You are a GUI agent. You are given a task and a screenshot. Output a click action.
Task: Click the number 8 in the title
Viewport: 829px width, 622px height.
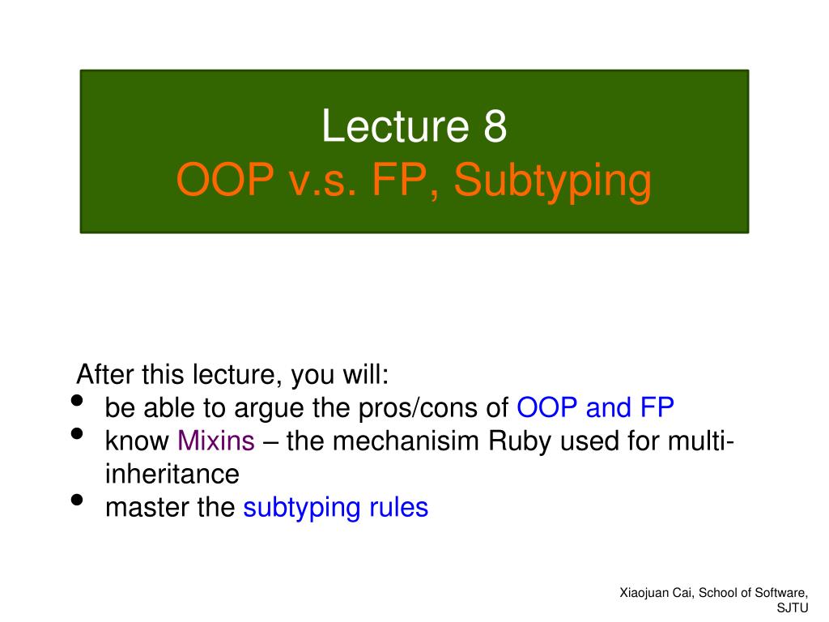pyautogui.click(x=495, y=126)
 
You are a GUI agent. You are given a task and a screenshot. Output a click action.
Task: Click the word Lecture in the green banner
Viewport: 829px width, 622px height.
pyautogui.click(x=395, y=126)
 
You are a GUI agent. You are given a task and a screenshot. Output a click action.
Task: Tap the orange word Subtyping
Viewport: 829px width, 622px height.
pyautogui.click(x=552, y=181)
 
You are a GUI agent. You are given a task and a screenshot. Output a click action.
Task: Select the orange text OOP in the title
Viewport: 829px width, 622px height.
pyautogui.click(x=225, y=179)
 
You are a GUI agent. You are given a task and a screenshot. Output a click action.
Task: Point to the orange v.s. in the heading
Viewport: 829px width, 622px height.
pyautogui.click(x=322, y=180)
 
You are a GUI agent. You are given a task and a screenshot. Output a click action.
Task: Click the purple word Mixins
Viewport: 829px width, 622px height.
pyautogui.click(x=215, y=441)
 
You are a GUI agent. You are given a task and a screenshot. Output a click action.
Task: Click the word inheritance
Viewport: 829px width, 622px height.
pyautogui.click(x=172, y=473)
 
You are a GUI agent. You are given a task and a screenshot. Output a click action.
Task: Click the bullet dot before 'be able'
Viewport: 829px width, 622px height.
pyautogui.click(x=77, y=400)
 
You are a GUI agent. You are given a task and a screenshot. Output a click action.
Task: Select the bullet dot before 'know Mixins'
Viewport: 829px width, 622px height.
pyautogui.click(x=77, y=434)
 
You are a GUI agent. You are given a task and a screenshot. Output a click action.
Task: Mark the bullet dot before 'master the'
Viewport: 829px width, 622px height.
pyautogui.click(x=77, y=500)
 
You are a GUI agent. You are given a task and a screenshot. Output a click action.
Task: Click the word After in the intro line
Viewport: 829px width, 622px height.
pyautogui.click(x=104, y=374)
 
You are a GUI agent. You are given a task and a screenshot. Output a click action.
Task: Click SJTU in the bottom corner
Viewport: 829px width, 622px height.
pyautogui.click(x=793, y=608)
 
